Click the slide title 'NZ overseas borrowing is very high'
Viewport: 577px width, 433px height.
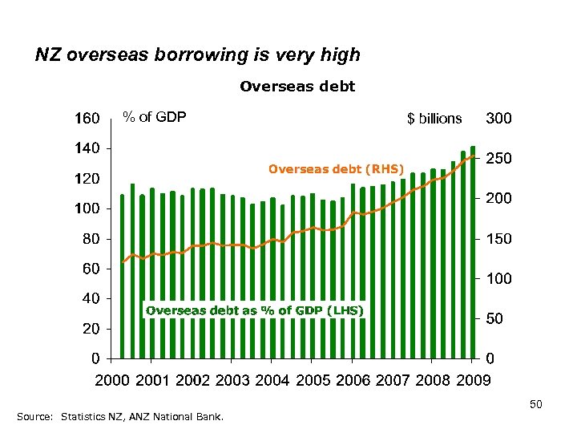[198, 55]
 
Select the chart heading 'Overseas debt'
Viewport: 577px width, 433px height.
[297, 85]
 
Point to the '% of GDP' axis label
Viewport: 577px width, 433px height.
[154, 117]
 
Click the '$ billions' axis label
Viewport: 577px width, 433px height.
[434, 119]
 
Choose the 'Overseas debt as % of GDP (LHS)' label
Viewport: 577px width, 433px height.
[254, 310]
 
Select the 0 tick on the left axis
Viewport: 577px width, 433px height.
[95, 358]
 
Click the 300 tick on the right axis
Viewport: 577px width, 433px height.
[498, 119]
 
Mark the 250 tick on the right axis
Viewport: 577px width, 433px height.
[498, 160]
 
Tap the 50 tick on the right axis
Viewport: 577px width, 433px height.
[495, 319]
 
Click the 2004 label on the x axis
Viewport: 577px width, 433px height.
[273, 380]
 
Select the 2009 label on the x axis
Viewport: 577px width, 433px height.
[470, 380]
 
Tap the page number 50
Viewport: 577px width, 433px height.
[536, 406]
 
